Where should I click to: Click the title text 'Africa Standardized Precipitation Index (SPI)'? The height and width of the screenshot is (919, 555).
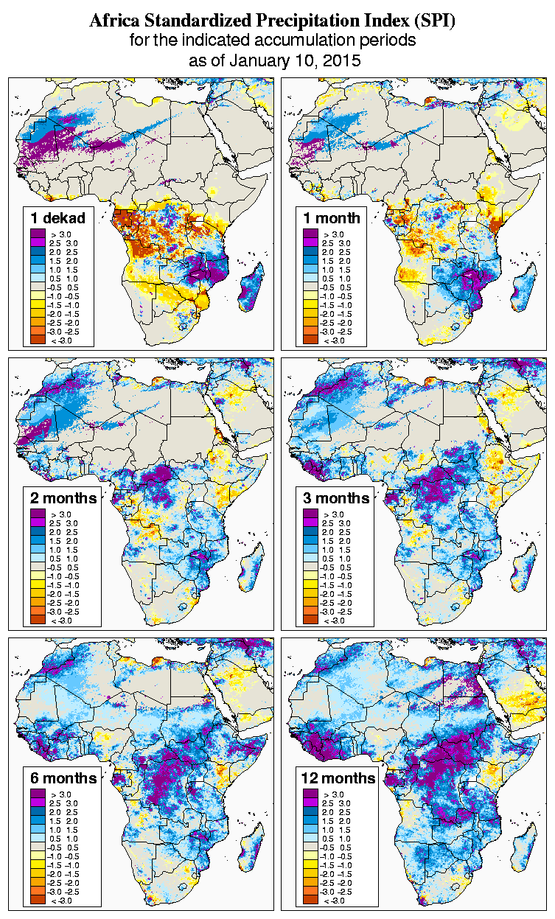[x=272, y=21]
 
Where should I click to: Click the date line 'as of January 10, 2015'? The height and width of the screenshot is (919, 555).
[x=275, y=61]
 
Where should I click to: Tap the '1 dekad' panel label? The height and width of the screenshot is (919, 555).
[x=58, y=218]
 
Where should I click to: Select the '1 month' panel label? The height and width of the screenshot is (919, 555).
[x=331, y=218]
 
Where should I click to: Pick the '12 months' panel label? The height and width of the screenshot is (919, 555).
[x=338, y=778]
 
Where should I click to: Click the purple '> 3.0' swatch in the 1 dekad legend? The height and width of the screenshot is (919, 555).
[x=37, y=234]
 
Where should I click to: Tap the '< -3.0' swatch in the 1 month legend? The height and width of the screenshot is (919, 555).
[x=310, y=340]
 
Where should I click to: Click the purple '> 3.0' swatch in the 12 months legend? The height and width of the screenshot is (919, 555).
[x=310, y=794]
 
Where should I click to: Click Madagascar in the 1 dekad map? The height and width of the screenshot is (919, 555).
[x=251, y=290]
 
